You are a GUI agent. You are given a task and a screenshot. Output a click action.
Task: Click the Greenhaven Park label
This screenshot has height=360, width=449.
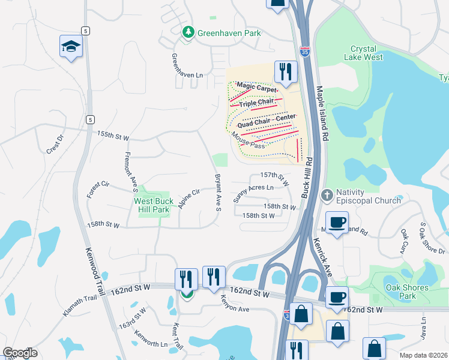230,33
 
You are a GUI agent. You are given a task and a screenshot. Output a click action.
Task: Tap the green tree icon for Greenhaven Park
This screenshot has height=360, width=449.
189,32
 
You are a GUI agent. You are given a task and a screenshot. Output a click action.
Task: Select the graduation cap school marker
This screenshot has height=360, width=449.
71,47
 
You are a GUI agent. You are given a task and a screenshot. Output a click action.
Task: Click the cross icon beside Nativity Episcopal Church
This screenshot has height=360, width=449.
327,195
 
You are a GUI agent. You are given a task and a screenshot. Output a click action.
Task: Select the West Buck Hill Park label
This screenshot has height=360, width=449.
154,205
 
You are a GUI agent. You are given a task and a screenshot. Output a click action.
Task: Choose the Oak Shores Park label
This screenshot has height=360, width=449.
407,292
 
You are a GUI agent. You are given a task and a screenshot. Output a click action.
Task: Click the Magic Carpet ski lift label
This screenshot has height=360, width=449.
257,88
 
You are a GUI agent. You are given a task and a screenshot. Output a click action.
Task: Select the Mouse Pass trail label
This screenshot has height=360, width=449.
249,142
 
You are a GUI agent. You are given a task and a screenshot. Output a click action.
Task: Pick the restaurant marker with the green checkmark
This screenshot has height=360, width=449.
186,280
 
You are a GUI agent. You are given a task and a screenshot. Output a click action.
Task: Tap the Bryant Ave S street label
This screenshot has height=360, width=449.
218,193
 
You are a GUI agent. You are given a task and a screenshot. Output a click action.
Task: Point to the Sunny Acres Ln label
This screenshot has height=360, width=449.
253,191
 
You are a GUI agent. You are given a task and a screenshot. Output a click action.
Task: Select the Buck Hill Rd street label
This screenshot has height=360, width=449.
307,177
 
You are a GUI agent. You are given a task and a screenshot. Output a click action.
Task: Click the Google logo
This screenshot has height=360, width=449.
20,353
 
